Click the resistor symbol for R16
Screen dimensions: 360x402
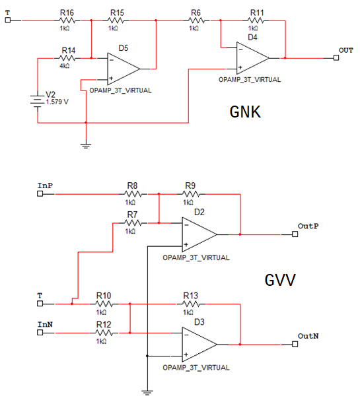pos(67,20)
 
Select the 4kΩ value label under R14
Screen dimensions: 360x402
pos(65,66)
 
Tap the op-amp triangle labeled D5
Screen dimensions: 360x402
pos(124,69)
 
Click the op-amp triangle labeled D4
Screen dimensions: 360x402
pos(253,58)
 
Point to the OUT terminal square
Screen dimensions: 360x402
pos(336,58)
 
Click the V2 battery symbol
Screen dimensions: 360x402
pos(38,102)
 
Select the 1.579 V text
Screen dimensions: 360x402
pos(57,102)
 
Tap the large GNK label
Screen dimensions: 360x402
pos(245,112)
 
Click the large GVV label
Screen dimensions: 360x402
pos(280,280)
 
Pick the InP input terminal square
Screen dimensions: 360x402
pos(40,194)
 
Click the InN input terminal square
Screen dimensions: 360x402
pos(40,333)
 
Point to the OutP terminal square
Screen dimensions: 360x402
pos(295,234)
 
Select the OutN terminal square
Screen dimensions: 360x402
pos(295,345)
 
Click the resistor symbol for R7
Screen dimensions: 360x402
pos(133,223)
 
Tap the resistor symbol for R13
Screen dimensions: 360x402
pos(191,304)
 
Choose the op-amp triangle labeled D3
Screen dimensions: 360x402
pos(199,345)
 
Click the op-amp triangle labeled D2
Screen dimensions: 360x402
pos(199,234)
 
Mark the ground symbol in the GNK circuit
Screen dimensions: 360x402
pos(86,146)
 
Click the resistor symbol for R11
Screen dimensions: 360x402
pos(256,20)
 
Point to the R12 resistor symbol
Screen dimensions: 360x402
pos(104,333)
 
